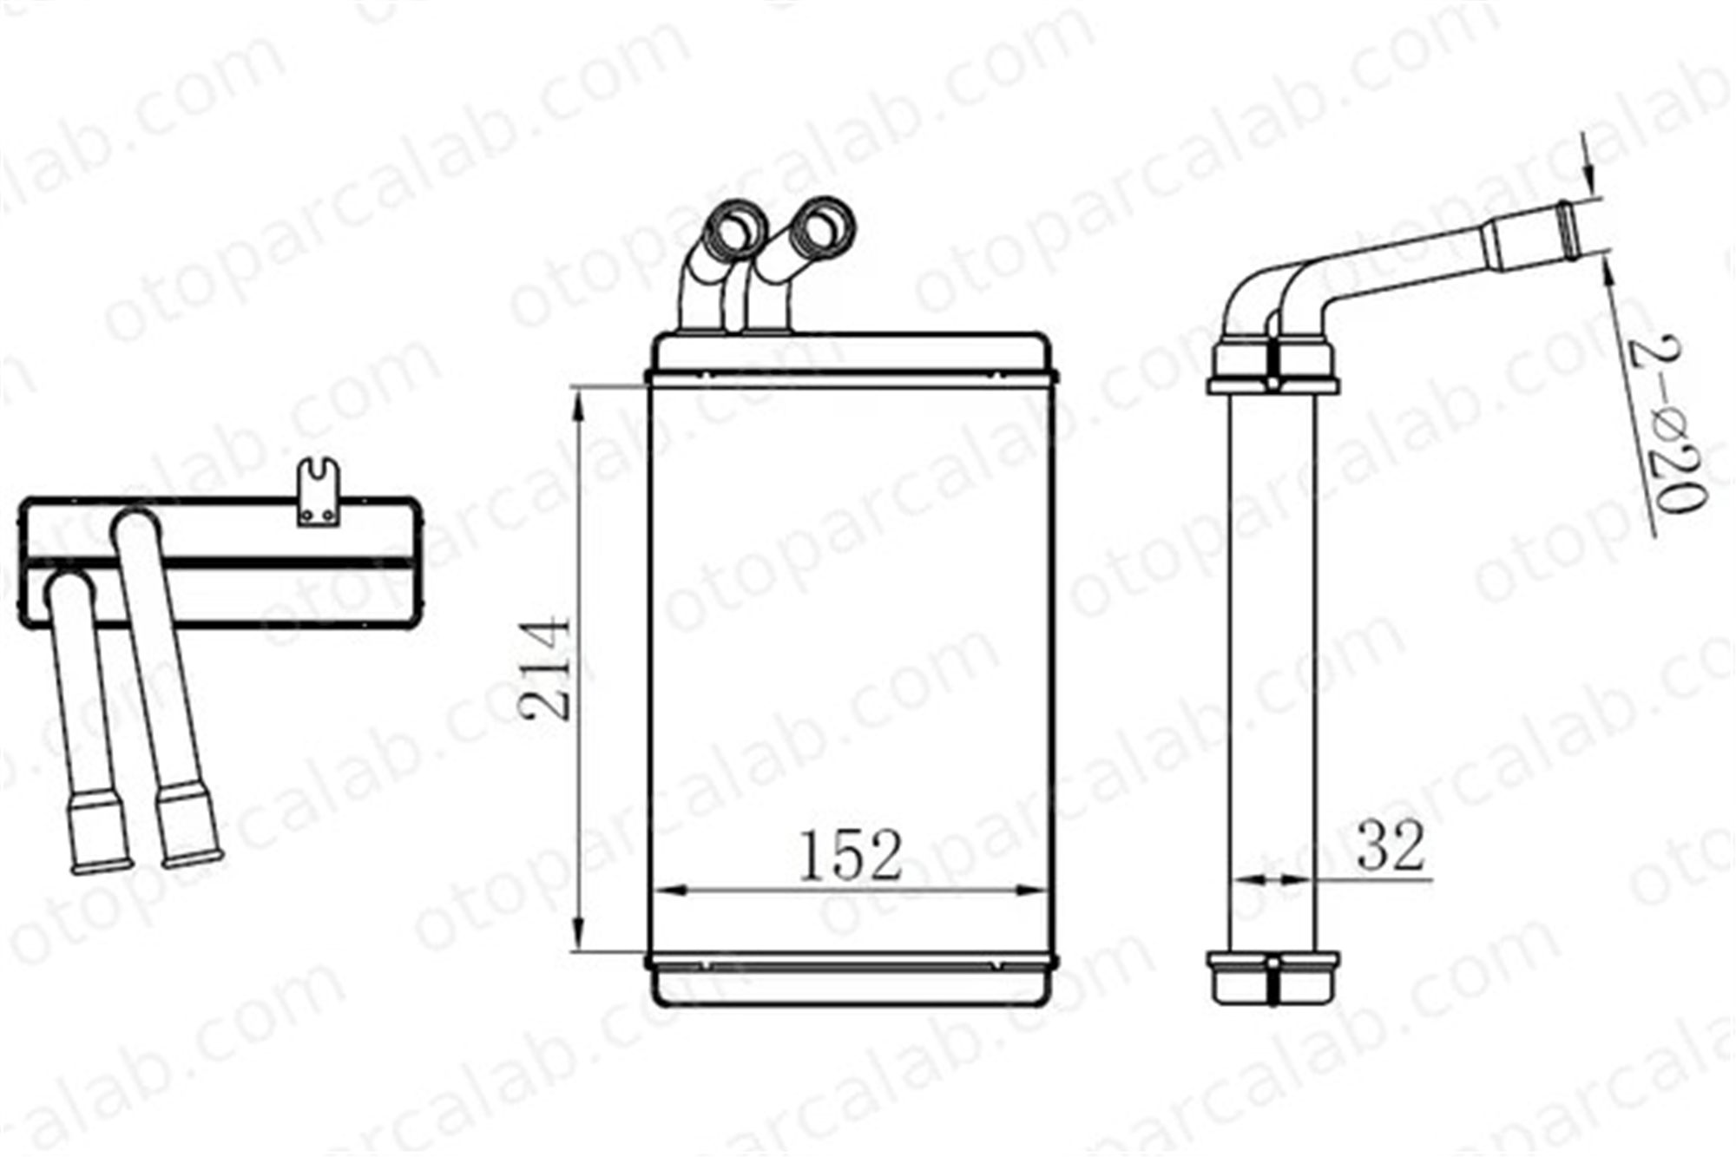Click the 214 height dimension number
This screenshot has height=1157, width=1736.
[x=545, y=668]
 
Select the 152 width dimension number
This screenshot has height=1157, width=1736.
[x=851, y=855]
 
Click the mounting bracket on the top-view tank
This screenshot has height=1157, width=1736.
[x=319, y=492]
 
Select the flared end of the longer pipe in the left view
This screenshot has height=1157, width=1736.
[x=189, y=825]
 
